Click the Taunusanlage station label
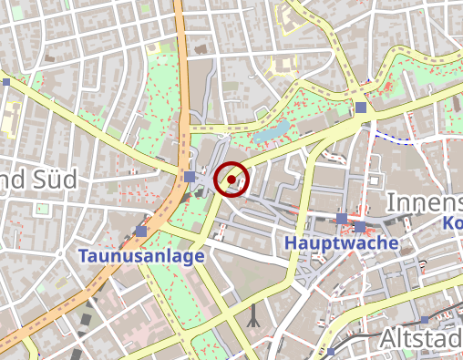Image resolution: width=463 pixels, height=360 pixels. coord(141,257)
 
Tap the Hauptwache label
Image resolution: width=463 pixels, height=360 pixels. coord(342,243)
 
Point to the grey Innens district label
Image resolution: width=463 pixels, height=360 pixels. coord(425,201)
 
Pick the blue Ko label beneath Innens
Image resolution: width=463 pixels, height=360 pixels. coord(452,222)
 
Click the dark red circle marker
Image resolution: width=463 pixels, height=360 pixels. coord(232,179)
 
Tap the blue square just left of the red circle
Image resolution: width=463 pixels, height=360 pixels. coord(189,176)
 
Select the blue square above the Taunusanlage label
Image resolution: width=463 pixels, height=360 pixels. coord(140,231)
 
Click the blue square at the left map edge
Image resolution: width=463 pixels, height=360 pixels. coord(5,82)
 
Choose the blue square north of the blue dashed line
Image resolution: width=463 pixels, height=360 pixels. coord(362,108)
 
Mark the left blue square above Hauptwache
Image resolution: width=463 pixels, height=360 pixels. coord(342,219)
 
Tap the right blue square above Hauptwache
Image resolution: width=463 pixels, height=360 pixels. coord(361,226)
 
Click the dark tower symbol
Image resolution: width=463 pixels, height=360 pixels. coord(254,316)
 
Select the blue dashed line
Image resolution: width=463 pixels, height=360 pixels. coord(394,139)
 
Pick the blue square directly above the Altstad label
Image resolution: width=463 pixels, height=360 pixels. coord(425,320)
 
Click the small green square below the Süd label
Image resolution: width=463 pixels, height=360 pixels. coord(41,209)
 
